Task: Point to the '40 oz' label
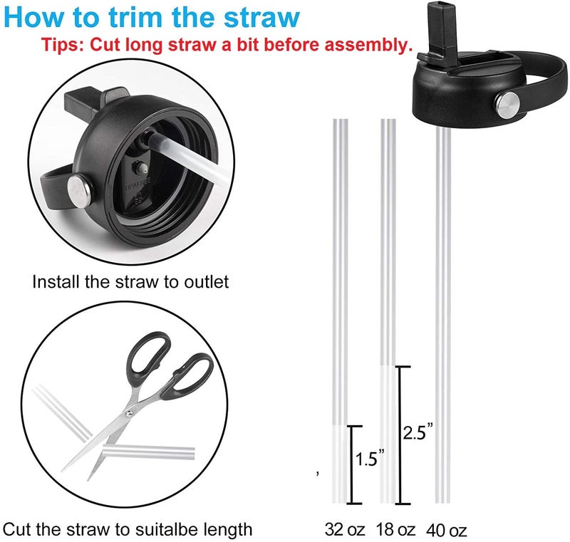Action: pos(447,530)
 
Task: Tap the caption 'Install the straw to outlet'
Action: pos(130,281)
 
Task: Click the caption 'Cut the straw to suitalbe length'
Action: pos(128,529)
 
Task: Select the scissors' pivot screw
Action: pos(130,412)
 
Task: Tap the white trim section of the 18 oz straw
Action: pos(388,434)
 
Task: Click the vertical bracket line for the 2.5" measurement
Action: pos(400,434)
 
